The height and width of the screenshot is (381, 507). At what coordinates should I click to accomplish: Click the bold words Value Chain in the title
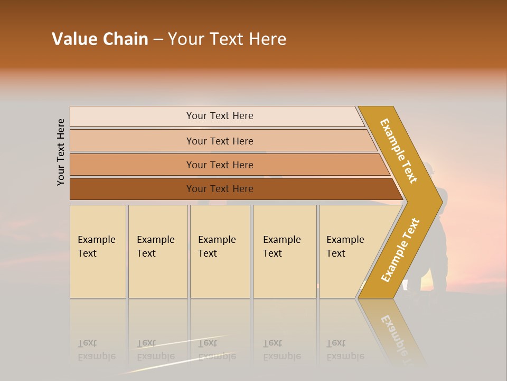100,39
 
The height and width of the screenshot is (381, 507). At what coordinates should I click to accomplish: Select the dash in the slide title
158,40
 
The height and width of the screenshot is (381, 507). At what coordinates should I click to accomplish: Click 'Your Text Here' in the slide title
227,39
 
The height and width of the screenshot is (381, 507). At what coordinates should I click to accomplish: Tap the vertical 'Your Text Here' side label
61,152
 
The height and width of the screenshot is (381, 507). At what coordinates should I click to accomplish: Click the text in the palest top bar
220,116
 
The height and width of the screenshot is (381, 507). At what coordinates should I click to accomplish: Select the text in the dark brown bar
220,189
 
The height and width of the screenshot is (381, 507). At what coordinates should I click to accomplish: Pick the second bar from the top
220,141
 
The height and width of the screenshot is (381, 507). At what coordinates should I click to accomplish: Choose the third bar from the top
220,165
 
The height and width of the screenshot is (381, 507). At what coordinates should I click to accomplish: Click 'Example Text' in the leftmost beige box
96,247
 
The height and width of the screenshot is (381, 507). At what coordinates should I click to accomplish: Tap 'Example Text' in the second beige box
155,247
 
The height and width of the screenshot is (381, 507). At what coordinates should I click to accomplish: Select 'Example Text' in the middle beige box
217,247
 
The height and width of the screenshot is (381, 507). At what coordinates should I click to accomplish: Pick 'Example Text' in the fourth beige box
281,247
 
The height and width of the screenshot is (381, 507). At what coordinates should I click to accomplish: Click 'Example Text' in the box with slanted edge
345,247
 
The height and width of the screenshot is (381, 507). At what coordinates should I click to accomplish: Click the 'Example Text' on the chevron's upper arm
399,151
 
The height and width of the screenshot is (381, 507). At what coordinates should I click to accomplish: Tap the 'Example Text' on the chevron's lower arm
400,250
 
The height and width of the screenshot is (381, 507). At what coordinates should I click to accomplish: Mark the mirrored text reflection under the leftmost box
96,350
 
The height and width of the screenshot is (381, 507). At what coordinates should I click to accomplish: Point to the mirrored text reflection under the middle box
217,350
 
